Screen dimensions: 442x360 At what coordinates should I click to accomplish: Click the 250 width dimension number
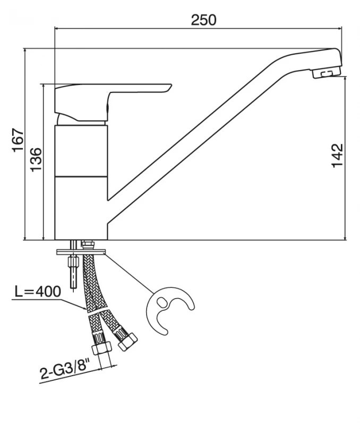[x=204, y=20]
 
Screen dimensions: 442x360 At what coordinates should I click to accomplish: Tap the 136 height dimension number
[x=35, y=159]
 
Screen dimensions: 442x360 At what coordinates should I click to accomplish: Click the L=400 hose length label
[x=38, y=291]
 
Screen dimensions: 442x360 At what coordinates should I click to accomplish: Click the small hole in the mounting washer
[x=162, y=302]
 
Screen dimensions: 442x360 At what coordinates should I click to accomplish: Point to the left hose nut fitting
[x=101, y=345]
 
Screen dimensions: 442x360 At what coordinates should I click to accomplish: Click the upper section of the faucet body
[x=82, y=150]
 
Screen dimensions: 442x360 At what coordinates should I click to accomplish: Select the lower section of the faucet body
[x=82, y=207]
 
